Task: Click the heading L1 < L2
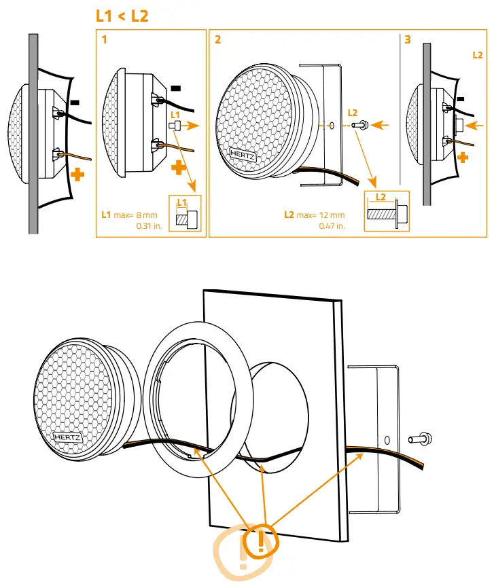tap(122, 16)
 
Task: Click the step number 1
tap(105, 40)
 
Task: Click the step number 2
tap(217, 40)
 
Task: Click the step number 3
tap(408, 40)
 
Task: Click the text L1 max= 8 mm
tap(129, 215)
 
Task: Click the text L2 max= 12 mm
tap(314, 215)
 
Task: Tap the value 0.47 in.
tap(332, 226)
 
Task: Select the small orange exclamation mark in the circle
tap(261, 541)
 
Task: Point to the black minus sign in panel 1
tap(176, 88)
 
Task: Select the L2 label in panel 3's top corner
tap(478, 54)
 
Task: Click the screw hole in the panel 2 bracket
tap(330, 126)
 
